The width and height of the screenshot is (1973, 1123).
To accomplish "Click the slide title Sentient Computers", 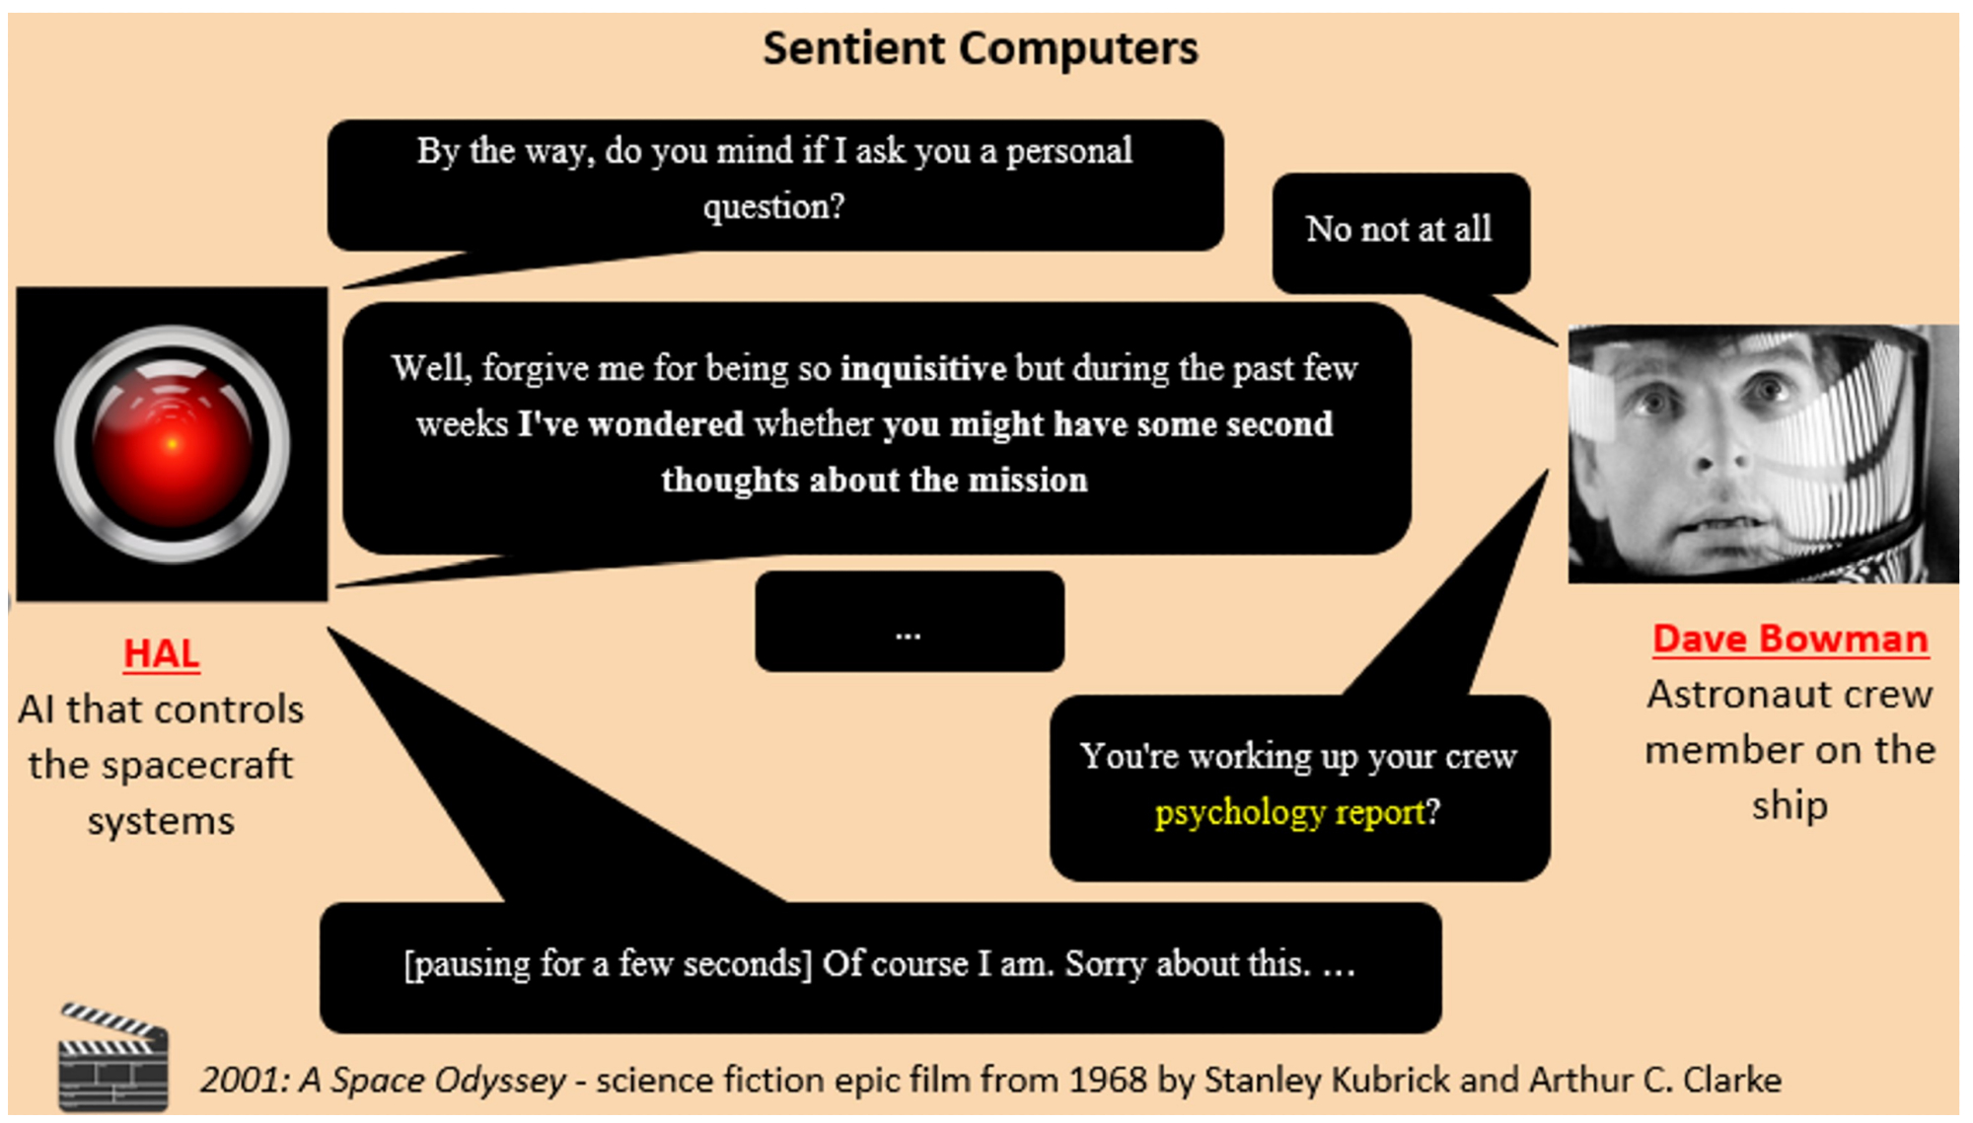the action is coord(981,48).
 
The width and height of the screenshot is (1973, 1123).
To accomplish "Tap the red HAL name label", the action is coord(162,653).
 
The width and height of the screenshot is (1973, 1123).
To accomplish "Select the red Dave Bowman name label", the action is coord(1790,638).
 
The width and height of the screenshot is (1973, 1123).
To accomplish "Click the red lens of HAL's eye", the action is coord(172,444).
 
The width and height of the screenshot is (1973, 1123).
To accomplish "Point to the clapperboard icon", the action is coord(113,1056).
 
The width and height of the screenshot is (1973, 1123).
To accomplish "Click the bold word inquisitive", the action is coord(923,368).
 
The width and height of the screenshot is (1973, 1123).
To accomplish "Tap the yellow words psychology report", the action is coord(1290,812).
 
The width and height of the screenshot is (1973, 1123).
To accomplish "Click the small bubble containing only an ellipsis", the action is coord(910,622).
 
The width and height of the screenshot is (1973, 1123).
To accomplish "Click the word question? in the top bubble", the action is coord(774,206).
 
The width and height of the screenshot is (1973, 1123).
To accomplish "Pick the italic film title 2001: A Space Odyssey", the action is coord(383,1081).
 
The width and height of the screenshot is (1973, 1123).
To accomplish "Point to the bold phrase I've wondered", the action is coord(631,424).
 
